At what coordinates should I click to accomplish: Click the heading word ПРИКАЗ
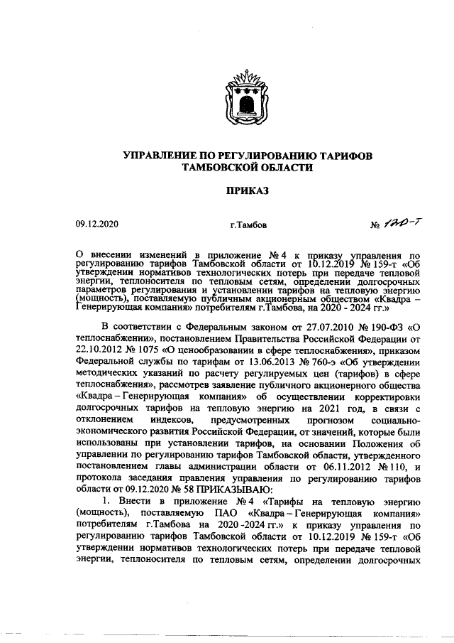click(x=248, y=191)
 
